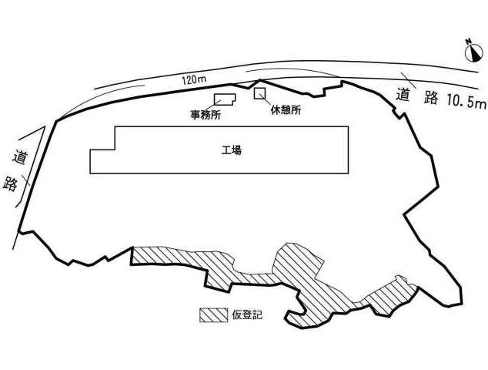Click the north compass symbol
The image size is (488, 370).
click(x=473, y=52)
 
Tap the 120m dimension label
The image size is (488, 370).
click(x=193, y=80)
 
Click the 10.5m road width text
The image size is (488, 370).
click(x=466, y=100)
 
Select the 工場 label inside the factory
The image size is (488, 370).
click(x=232, y=150)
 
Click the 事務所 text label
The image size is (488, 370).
click(x=206, y=116)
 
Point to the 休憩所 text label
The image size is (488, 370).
click(x=286, y=110)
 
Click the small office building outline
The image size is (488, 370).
click(x=225, y=99)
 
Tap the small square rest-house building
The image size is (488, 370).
click(x=259, y=93)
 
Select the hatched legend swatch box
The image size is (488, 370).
click(x=213, y=315)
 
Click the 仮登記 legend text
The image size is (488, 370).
click(x=247, y=314)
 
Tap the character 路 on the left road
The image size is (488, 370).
click(x=10, y=184)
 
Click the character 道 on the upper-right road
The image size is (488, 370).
click(x=403, y=95)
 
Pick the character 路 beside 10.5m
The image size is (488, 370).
click(x=431, y=97)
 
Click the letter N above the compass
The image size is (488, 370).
click(x=467, y=41)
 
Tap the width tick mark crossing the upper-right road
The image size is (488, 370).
click(x=408, y=80)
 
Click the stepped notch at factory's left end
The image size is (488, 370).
click(x=102, y=150)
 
